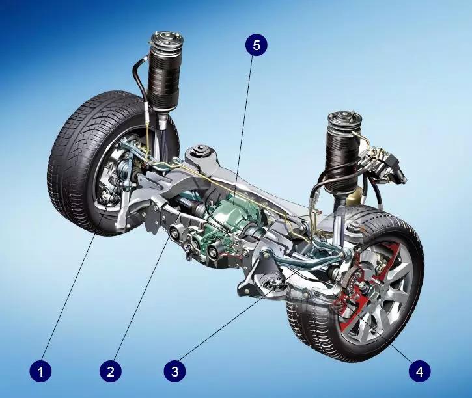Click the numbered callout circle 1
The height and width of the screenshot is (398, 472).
tap(40, 371)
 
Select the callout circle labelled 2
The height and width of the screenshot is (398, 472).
tap(111, 371)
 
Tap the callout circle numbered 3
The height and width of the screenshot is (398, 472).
tap(175, 371)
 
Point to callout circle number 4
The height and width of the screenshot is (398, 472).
tap(420, 371)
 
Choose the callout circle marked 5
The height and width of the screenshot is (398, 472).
tap(256, 46)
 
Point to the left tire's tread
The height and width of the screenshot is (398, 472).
tap(76, 159)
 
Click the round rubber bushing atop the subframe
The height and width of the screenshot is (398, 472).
tap(200, 150)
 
